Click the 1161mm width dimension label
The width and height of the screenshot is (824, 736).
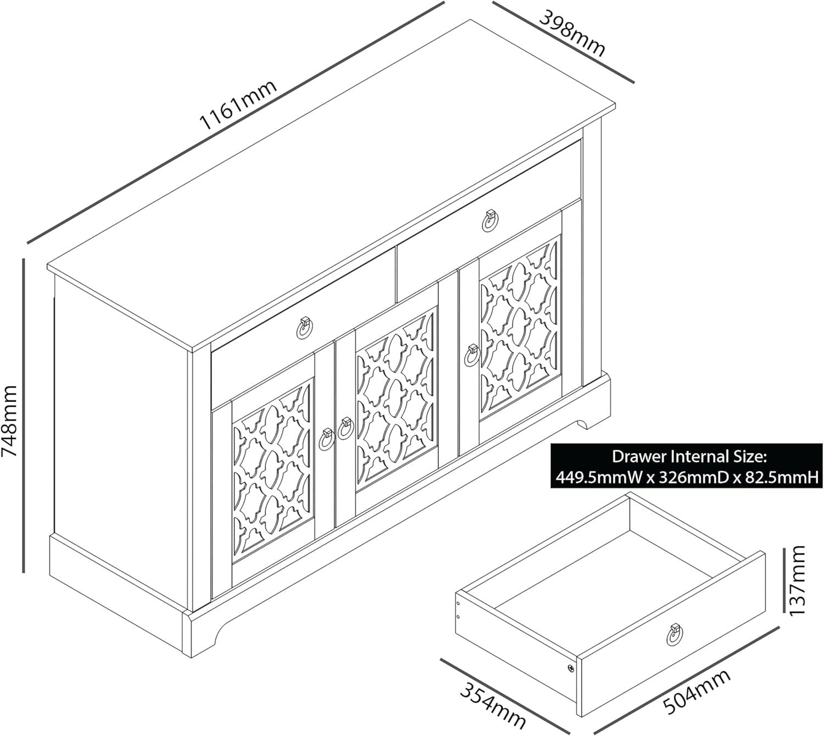click(238, 104)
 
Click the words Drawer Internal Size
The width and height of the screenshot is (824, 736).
click(689, 456)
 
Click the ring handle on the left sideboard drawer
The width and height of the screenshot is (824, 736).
click(305, 328)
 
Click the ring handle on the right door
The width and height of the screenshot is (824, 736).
click(472, 356)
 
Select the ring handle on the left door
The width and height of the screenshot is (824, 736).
click(326, 439)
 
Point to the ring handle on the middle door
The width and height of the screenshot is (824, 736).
click(346, 428)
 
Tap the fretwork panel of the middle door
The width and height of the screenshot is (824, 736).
click(396, 400)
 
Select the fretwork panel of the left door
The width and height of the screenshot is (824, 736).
click(273, 472)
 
